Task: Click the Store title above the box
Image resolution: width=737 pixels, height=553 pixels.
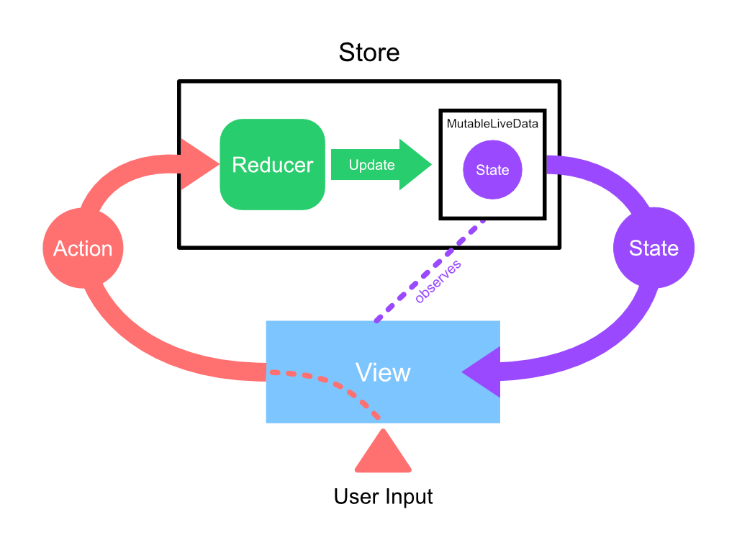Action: click(368, 53)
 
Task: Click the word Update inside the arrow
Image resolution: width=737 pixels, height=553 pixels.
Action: click(371, 165)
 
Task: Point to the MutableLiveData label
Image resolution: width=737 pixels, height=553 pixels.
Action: click(492, 124)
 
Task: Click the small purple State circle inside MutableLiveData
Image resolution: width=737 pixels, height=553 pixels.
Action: click(492, 171)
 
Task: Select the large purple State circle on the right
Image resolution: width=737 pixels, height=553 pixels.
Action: click(654, 248)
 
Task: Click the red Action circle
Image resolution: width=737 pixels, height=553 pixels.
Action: click(83, 248)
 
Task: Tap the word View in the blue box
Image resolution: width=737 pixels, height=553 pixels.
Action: click(383, 372)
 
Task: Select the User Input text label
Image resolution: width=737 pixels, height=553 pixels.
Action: click(383, 497)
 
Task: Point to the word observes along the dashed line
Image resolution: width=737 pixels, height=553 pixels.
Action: click(438, 281)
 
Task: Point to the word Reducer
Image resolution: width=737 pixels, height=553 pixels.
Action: click(272, 165)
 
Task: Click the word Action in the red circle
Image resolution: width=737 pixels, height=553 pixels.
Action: click(83, 248)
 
